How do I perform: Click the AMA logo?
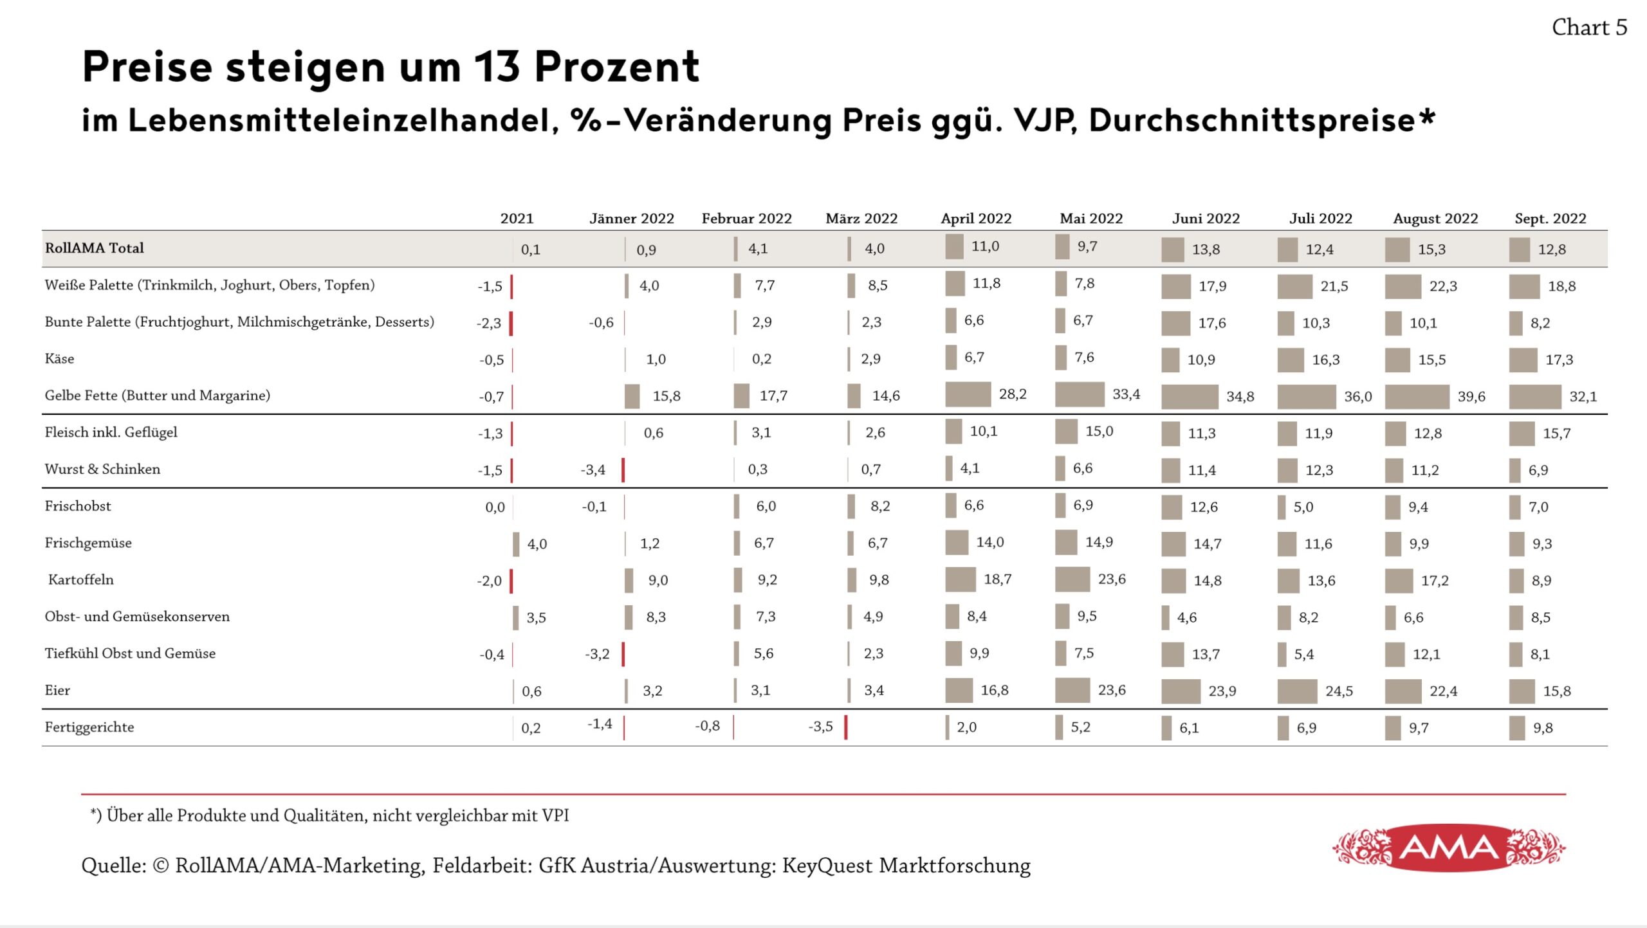pos(1449,848)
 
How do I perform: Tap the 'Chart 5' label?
pos(1589,28)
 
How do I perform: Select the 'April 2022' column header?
pos(976,219)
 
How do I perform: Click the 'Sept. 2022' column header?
pos(1550,219)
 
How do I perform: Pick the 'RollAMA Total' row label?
pos(95,248)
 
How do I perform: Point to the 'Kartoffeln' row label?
pos(80,579)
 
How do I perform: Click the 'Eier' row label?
pos(57,690)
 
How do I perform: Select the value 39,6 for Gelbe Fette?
pos(1471,397)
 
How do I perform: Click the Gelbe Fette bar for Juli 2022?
pos(1306,397)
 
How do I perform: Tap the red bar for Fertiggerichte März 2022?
pos(845,727)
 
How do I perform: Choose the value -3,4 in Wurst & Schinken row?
pos(593,470)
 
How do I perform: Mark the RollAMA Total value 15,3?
pos(1431,250)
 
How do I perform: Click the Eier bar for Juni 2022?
pos(1181,691)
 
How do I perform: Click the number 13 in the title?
pos(496,66)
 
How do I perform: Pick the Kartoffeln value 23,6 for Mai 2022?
pos(1112,579)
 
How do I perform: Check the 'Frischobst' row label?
pos(78,506)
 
